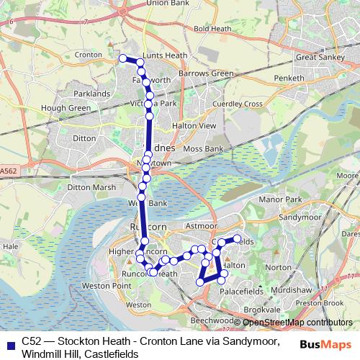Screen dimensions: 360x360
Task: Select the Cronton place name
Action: coord(88,54)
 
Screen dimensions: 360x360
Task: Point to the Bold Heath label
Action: coord(210,29)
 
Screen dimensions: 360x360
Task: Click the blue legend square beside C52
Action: coord(9,344)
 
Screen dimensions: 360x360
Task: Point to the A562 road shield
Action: coord(8,171)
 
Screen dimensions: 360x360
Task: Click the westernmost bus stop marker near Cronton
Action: coord(122,58)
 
